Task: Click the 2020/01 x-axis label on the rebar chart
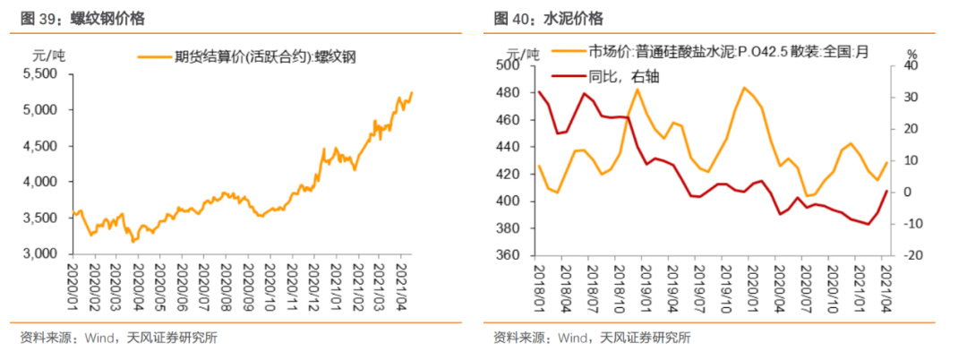[76, 284]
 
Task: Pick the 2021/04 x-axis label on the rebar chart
[403, 284]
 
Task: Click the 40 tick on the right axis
[911, 65]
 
